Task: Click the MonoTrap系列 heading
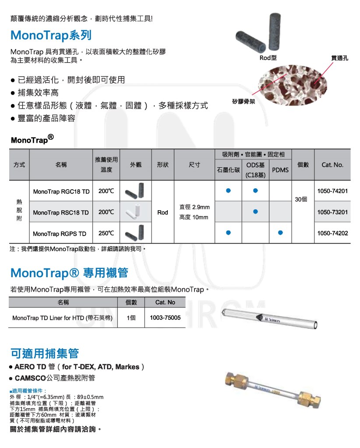(51, 35)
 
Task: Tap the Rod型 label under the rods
(268, 58)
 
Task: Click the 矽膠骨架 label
(244, 101)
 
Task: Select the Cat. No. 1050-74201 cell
(332, 191)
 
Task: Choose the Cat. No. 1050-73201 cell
(332, 212)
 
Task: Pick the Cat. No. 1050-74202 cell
(332, 233)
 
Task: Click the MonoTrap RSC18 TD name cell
(61, 212)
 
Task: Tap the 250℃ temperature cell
(106, 233)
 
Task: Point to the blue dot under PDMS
(281, 233)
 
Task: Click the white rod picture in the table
(132, 212)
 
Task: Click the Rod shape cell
(162, 212)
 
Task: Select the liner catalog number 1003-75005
(165, 318)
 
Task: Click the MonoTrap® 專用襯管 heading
(69, 273)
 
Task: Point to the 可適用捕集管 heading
(45, 353)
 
